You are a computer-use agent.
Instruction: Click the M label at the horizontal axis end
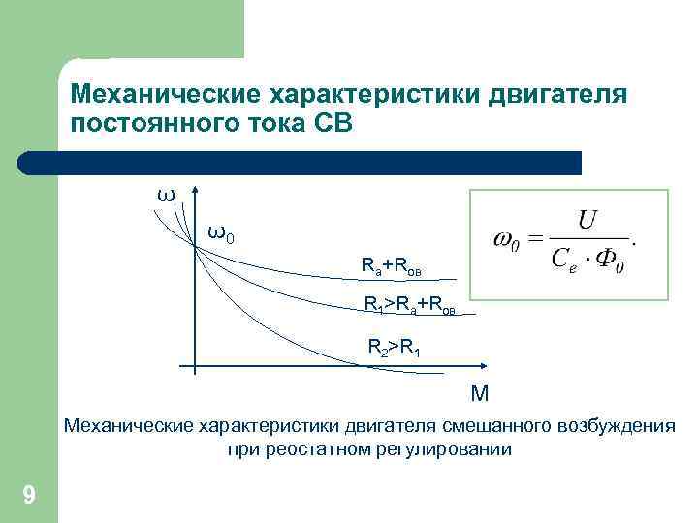tap(479, 393)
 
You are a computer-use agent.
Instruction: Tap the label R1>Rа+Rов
tap(408, 306)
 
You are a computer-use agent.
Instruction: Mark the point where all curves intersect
tap(196, 249)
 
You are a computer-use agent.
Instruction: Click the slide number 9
tap(29, 497)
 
